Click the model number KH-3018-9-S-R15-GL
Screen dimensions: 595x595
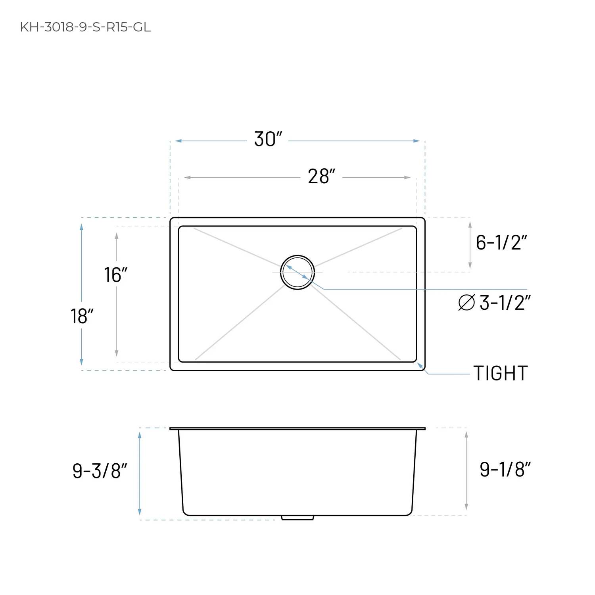[85, 27]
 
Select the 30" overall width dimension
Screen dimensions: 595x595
[268, 139]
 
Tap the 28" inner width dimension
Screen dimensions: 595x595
[321, 177]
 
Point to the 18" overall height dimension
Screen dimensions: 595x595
[82, 317]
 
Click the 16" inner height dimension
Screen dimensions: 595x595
[115, 275]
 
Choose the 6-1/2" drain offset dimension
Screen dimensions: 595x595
[501, 242]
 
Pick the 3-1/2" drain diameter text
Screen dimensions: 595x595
[505, 303]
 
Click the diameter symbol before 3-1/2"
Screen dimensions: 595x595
[466, 303]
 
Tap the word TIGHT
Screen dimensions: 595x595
[501, 373]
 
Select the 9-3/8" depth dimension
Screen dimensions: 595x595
[100, 471]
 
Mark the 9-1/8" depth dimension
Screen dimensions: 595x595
[505, 469]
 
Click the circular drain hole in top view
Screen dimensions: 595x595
[297, 273]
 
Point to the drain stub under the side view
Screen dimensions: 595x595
[297, 518]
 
